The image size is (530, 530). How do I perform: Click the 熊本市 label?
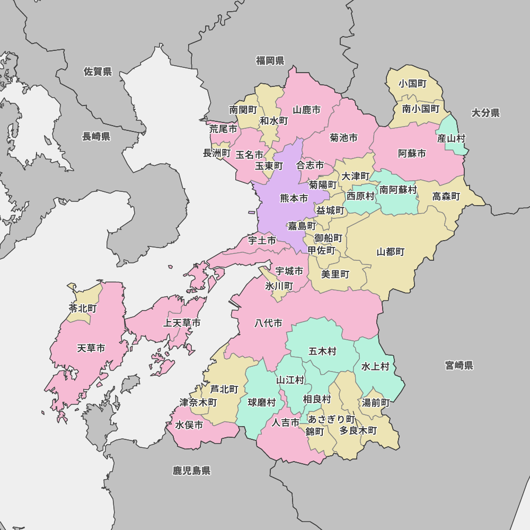(x=294, y=199)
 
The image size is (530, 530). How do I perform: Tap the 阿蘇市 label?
(x=412, y=154)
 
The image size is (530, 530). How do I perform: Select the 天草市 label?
(x=91, y=348)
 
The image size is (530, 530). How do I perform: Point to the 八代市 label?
(x=268, y=323)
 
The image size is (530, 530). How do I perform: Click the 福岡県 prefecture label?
(x=270, y=60)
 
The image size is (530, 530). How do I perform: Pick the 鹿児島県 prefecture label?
(x=191, y=470)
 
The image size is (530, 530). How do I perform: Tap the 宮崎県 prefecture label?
(x=459, y=365)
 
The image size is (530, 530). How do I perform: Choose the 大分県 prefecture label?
(x=485, y=112)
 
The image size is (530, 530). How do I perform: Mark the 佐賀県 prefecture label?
(x=98, y=72)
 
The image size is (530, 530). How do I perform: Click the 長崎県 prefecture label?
(x=96, y=137)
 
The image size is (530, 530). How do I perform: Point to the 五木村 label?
(x=322, y=351)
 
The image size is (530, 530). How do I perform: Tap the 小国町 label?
(x=413, y=84)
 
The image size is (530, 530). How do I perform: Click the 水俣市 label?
(x=189, y=425)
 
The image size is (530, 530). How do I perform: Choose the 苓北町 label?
(x=83, y=308)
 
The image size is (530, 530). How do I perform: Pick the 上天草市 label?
(x=182, y=323)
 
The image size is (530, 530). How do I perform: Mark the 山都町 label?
(x=391, y=252)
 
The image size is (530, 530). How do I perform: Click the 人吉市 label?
(x=286, y=423)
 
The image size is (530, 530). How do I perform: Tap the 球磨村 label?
(x=262, y=402)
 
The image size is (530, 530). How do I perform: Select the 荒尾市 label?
(x=223, y=129)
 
